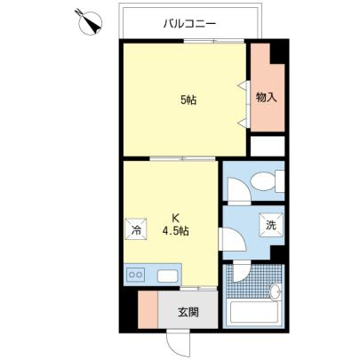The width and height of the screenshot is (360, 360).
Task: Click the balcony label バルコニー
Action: pos(190,23)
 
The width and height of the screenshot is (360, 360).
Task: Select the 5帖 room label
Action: pos(188,100)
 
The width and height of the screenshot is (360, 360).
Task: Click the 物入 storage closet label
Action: pos(267,97)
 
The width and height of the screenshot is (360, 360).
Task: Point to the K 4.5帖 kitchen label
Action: pos(176,225)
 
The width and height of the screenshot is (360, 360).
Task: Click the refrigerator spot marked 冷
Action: pos(136,228)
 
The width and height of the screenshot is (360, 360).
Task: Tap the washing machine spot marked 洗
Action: pos(270,225)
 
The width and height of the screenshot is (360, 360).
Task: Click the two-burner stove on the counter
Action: pos(136,275)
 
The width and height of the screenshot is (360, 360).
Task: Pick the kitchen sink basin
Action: pos(167,276)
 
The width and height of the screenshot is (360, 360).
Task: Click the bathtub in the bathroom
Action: pos(254,312)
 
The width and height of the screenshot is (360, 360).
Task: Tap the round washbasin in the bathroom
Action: pos(276,292)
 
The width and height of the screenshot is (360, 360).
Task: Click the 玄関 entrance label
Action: pos(188,312)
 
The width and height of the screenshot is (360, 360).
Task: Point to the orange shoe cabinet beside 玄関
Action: pos(148,309)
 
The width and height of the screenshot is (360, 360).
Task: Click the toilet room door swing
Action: pos(239,190)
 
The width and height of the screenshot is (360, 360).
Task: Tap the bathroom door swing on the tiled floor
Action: pos(242,272)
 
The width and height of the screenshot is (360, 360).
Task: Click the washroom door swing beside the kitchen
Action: pos(232,239)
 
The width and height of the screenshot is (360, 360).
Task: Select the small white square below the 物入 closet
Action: pos(268,146)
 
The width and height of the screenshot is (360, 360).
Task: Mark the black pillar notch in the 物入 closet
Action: pos(278,52)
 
